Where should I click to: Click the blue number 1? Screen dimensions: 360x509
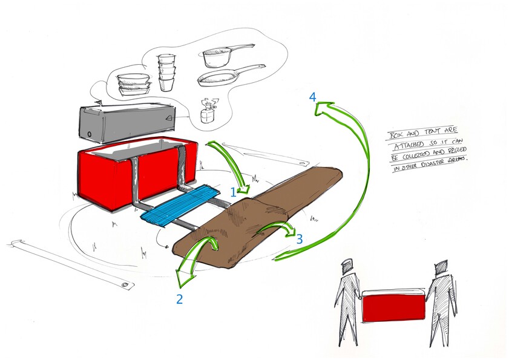pos(234,192)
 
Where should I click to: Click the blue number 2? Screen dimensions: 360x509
pos(180,298)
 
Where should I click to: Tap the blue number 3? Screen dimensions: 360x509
pos(299,238)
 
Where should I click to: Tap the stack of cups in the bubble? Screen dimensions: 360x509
pos(166,72)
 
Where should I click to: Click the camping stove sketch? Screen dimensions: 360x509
pos(209,110)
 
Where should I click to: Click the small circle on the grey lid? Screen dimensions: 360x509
pos(90,134)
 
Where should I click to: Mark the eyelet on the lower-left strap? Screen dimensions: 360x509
pos(126,284)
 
